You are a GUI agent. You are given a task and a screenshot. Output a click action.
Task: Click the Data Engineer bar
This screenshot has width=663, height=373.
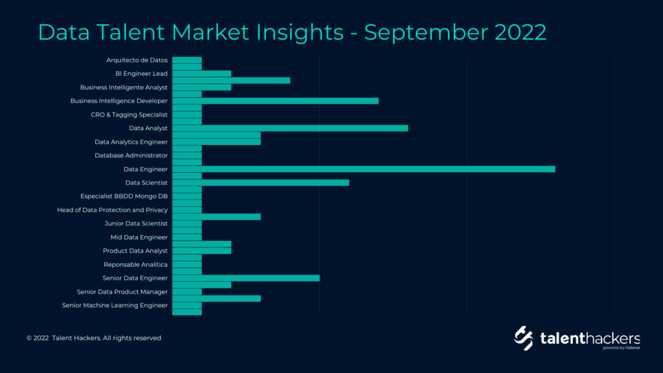(364, 169)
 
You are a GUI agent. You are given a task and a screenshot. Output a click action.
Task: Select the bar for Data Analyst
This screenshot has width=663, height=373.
(290, 128)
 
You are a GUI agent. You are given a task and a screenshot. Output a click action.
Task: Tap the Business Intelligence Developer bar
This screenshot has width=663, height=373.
(275, 101)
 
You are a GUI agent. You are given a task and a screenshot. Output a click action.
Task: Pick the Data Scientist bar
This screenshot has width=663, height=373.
(261, 183)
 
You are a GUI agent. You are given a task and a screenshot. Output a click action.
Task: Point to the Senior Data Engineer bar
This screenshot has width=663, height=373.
(246, 278)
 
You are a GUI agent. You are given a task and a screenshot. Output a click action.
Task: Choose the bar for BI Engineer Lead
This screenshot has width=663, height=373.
(202, 74)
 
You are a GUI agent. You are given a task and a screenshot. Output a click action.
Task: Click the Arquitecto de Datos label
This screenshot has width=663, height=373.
(137, 60)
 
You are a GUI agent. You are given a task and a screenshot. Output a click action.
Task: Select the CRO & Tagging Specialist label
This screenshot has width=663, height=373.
(129, 115)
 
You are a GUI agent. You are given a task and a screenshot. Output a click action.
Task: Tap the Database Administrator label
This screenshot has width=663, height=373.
(131, 155)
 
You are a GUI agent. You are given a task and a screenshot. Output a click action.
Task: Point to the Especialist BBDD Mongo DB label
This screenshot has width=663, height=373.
(124, 196)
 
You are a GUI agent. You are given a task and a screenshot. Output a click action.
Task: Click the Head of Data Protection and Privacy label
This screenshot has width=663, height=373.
(113, 210)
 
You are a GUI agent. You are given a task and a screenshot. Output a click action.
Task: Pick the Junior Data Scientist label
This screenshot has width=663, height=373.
(136, 223)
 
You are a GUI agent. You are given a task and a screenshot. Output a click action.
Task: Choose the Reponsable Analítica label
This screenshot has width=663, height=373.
(136, 265)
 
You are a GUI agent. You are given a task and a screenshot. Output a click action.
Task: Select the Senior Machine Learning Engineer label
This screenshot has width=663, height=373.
(115, 306)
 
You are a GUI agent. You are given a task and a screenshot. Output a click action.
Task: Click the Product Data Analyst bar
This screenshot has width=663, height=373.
(202, 251)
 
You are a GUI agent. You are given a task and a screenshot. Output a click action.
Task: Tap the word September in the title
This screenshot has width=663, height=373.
(426, 33)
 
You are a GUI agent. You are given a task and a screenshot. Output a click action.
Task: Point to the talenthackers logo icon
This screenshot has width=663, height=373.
(523, 338)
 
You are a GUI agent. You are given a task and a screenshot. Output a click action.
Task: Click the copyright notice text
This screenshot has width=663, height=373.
(94, 338)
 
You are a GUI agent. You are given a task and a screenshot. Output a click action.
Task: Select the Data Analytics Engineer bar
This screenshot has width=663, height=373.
(216, 142)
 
